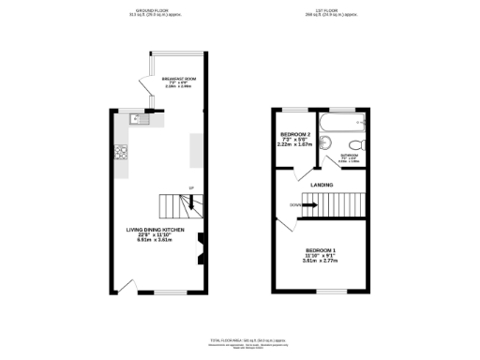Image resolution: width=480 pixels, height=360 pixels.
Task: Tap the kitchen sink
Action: (136, 119)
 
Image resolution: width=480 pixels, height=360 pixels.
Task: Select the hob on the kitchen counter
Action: (120, 153)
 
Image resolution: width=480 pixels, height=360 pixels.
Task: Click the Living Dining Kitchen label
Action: (156, 230)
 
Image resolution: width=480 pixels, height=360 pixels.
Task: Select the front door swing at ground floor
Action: (132, 283)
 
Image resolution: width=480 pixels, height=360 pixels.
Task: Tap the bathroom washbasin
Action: (323, 142)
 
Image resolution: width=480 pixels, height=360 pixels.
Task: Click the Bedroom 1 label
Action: (320, 249)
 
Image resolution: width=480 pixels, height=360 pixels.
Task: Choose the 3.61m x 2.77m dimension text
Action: (320, 261)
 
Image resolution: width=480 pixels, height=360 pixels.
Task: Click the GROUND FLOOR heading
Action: (155, 12)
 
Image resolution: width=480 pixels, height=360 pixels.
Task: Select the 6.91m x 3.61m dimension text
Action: (156, 241)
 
